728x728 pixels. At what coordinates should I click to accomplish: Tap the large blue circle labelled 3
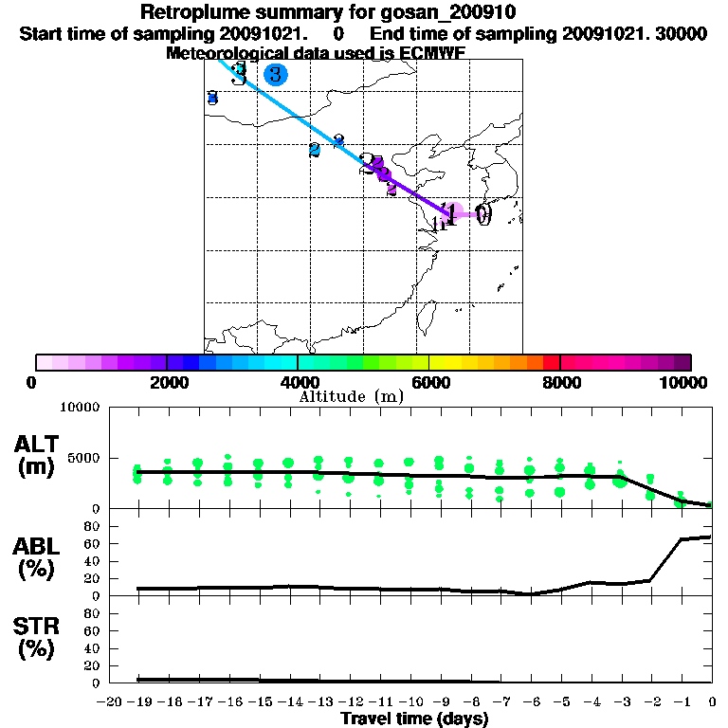[x=275, y=74]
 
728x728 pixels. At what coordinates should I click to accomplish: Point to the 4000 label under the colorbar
[x=298, y=382]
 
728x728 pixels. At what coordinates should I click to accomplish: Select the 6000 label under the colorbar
[x=429, y=382]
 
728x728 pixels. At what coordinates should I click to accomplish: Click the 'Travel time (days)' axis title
[x=414, y=719]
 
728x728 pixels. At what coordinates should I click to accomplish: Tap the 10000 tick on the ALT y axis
[x=80, y=408]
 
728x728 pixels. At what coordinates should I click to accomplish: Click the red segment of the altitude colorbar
[x=551, y=362]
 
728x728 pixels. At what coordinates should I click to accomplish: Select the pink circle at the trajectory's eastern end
[x=455, y=213]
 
